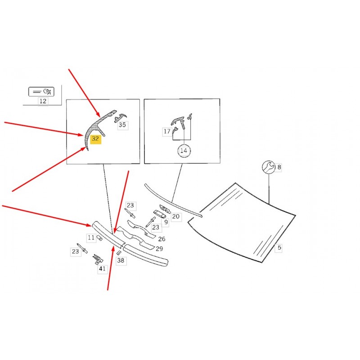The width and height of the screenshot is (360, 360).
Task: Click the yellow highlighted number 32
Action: (95, 139)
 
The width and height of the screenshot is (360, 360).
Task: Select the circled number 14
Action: (184, 151)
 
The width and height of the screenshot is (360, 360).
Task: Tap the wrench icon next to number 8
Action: (268, 167)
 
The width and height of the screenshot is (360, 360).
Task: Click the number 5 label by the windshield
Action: (279, 247)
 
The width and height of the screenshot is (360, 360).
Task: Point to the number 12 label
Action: (43, 101)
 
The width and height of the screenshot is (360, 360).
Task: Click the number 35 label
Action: (122, 125)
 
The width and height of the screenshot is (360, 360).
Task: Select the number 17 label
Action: (167, 131)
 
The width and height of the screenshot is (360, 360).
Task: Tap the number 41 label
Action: (102, 268)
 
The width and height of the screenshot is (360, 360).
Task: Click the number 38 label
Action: (121, 261)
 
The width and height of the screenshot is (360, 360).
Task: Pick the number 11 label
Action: (91, 238)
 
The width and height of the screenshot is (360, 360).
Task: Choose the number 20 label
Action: (176, 216)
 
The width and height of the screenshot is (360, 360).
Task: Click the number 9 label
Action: (166, 222)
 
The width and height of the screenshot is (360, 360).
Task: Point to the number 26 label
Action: (162, 239)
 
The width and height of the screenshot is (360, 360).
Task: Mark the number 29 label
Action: (159, 249)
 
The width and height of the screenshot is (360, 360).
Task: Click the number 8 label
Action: (279, 167)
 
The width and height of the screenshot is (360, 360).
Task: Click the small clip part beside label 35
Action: (120, 117)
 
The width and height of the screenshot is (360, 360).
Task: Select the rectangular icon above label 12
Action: (41, 92)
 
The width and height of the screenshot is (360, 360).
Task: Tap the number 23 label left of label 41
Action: (76, 252)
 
